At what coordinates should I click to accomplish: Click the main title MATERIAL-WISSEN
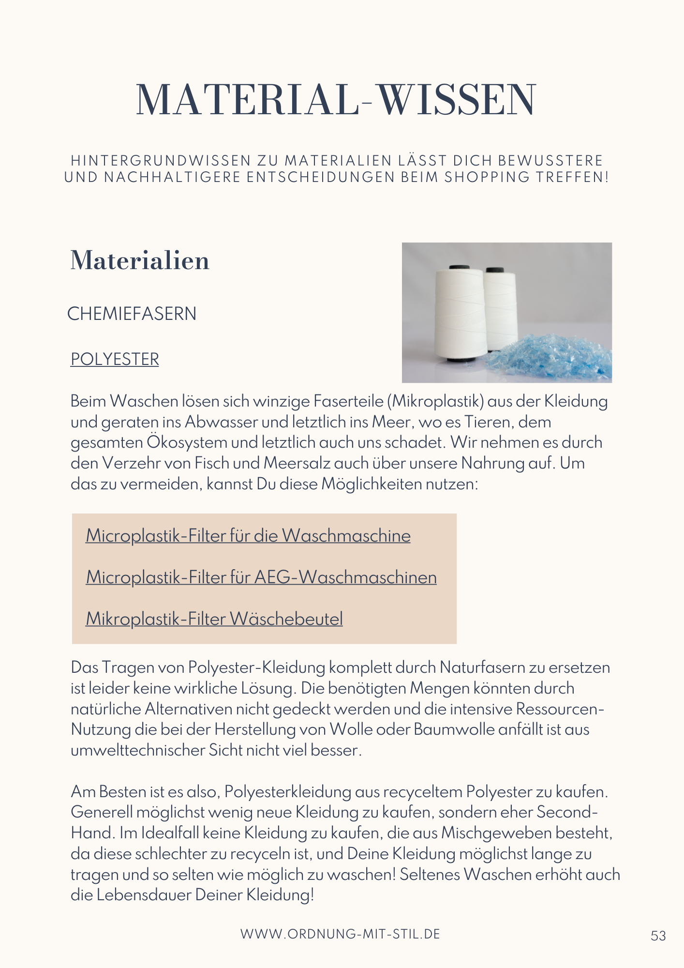tap(336, 100)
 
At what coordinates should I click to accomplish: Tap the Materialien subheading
tap(140, 260)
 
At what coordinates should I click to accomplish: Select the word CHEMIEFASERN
tap(132, 314)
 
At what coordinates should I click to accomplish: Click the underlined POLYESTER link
tap(115, 359)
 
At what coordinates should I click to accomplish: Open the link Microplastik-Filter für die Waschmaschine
tap(248, 536)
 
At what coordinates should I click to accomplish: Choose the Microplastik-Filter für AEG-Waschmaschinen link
tap(261, 577)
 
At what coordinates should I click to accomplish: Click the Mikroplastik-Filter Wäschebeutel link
tap(214, 619)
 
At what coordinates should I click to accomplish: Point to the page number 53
tap(658, 936)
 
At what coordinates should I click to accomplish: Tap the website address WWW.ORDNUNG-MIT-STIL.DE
tap(341, 934)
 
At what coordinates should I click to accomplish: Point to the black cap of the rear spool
tap(495, 270)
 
